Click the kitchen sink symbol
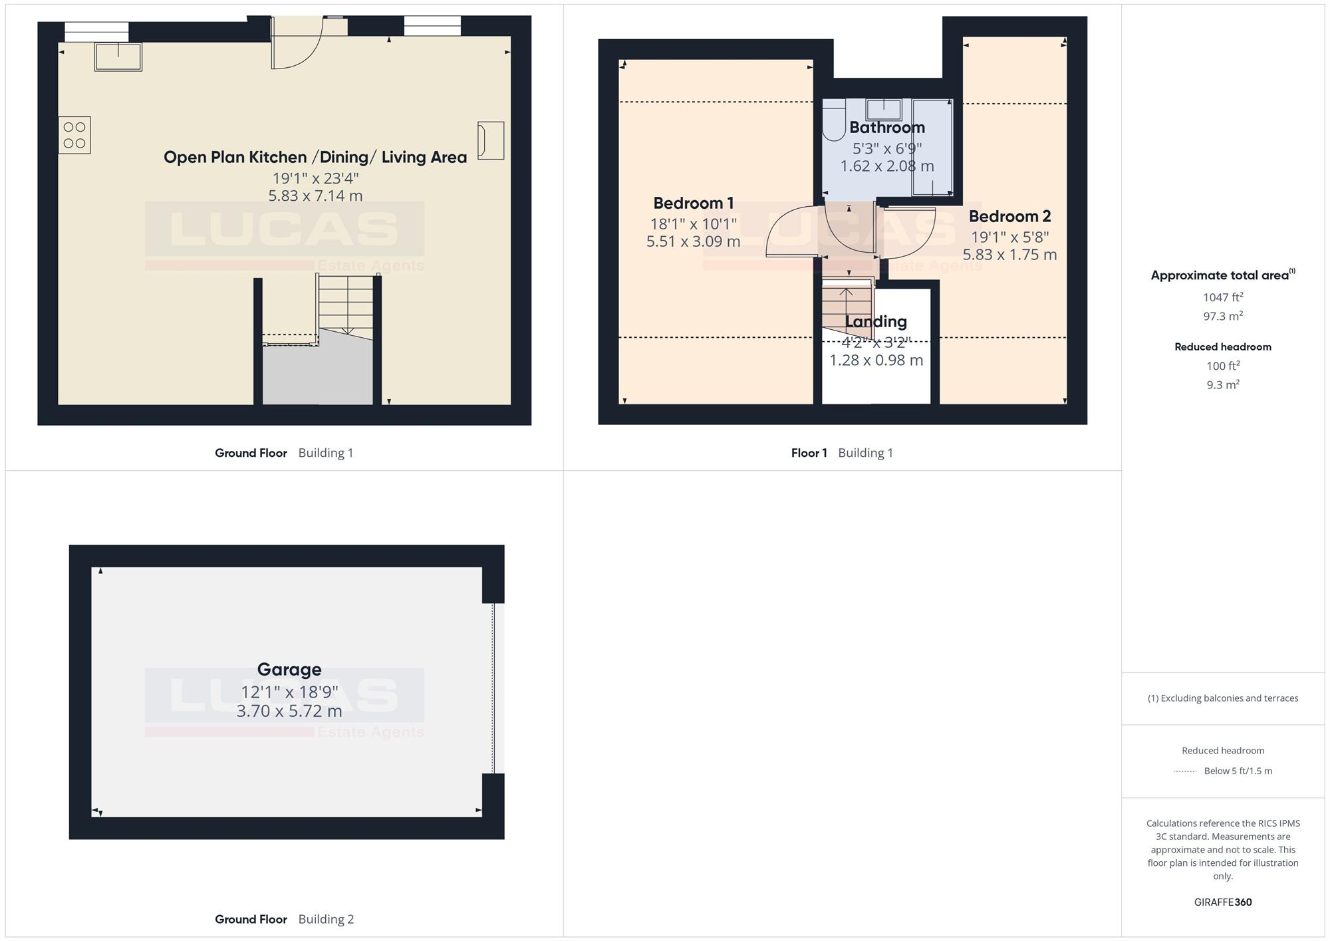pyautogui.click(x=118, y=57)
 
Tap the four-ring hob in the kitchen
pyautogui.click(x=74, y=135)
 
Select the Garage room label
pyautogui.click(x=289, y=669)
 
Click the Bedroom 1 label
pyautogui.click(x=694, y=203)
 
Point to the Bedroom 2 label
pyautogui.click(x=1009, y=216)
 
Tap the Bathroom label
pyautogui.click(x=887, y=127)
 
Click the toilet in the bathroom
pyautogui.click(x=833, y=120)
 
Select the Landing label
pyautogui.click(x=876, y=321)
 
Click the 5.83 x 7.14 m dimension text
pyautogui.click(x=315, y=196)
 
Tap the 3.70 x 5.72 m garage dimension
pyautogui.click(x=289, y=711)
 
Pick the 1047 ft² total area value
pyautogui.click(x=1223, y=297)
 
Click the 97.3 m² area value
pyautogui.click(x=1223, y=316)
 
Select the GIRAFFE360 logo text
pyautogui.click(x=1223, y=902)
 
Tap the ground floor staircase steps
pyautogui.click(x=345, y=305)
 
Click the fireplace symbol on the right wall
pyautogui.click(x=491, y=140)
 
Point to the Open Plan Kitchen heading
pyautogui.click(x=315, y=157)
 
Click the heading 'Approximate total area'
pyautogui.click(x=1223, y=275)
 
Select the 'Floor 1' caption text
pyautogui.click(x=809, y=453)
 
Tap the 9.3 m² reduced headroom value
pyautogui.click(x=1223, y=384)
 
